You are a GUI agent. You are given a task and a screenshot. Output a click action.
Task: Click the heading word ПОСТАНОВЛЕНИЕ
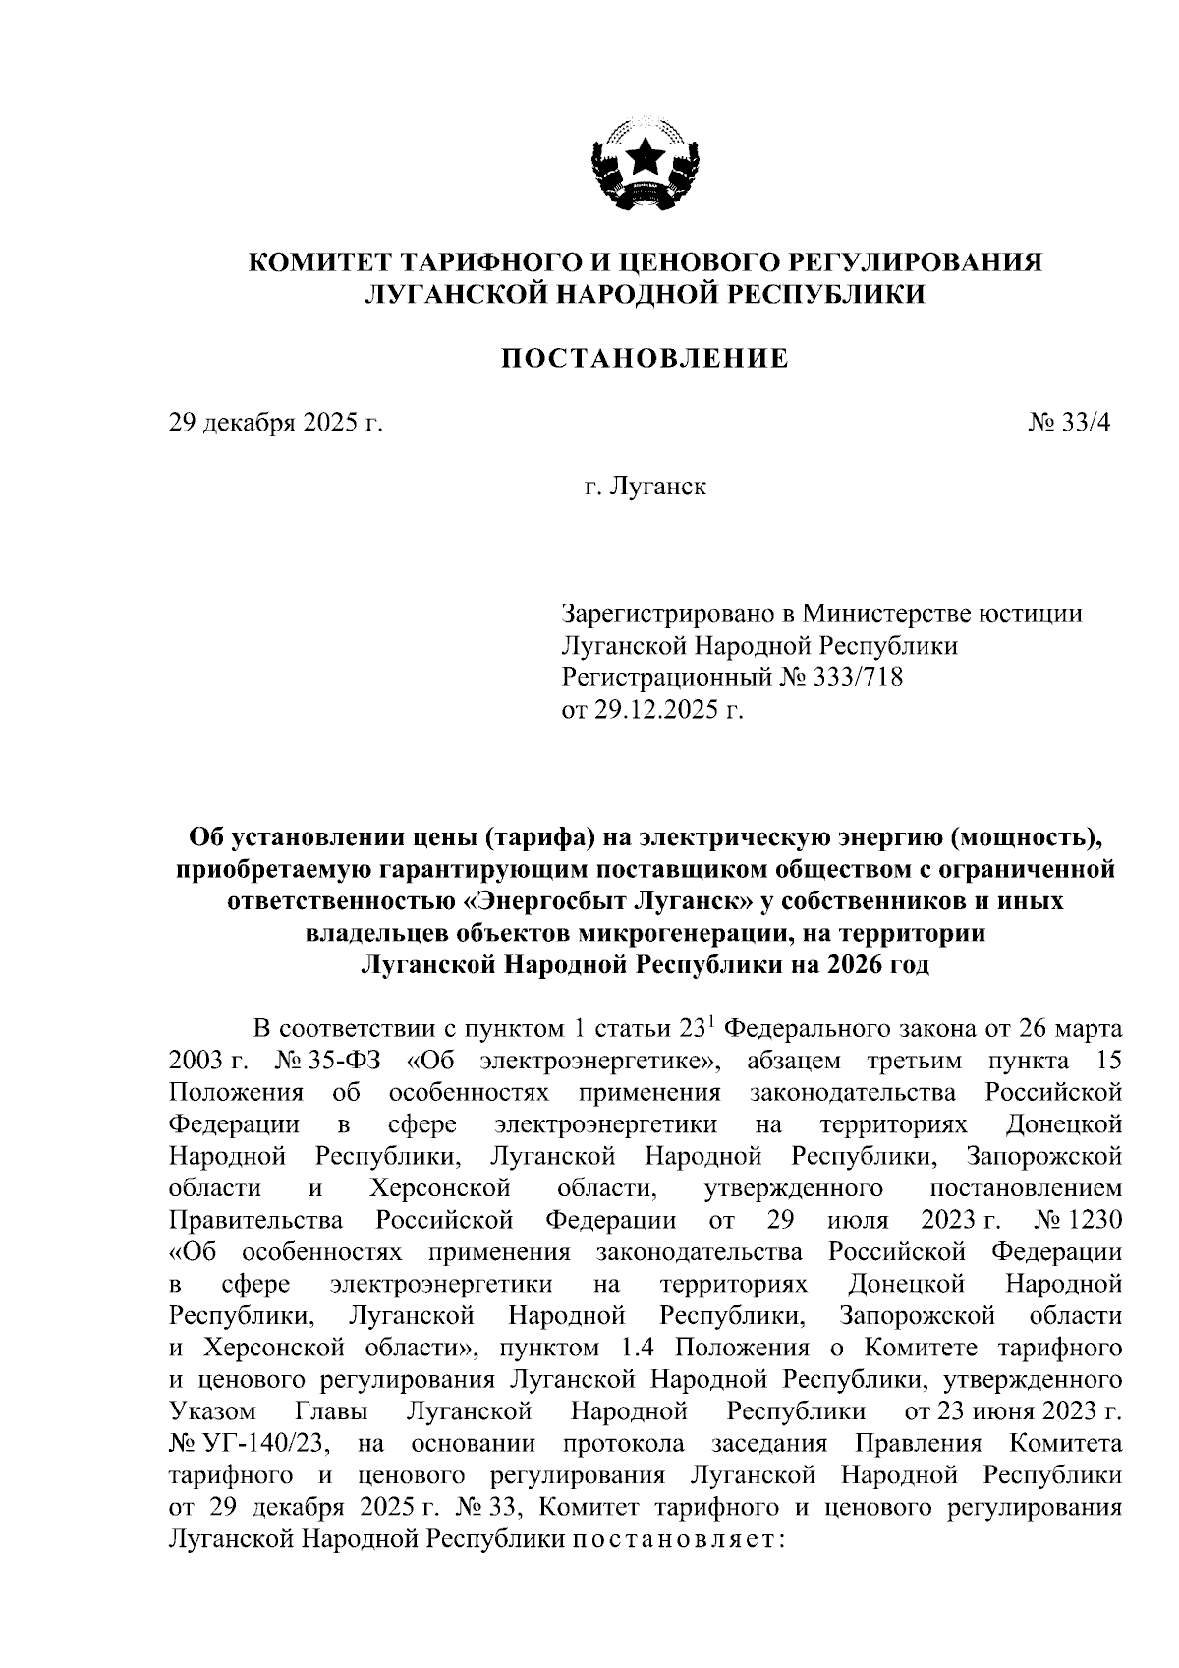point(645,359)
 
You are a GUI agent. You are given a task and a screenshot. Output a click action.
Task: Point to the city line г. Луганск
point(645,486)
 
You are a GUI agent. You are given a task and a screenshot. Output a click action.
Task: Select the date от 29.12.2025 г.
point(652,709)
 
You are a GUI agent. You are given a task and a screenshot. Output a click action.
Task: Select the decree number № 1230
point(1079,1220)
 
